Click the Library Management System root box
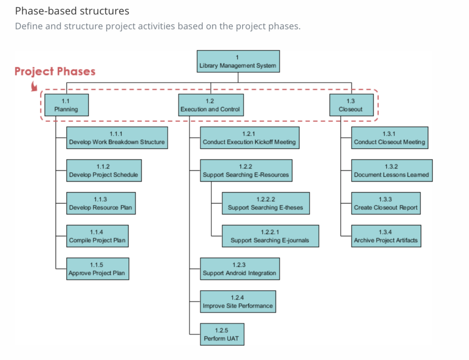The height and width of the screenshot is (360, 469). (238, 61)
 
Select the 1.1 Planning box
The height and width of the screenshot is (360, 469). (66, 105)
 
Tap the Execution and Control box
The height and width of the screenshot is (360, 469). (210, 105)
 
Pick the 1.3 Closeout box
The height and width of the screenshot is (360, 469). (351, 105)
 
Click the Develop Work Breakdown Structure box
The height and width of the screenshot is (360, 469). (117, 138)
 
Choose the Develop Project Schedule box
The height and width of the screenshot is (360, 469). (104, 171)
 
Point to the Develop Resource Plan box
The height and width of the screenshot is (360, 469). (101, 203)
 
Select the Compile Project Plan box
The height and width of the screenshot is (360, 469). (97, 236)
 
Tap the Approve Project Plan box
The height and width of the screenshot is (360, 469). (97, 269)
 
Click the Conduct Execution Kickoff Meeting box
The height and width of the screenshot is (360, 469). (249, 138)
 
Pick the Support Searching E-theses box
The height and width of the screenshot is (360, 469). (265, 203)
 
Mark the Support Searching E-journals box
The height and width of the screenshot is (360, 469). (270, 236)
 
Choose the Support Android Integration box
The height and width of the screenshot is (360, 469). (239, 269)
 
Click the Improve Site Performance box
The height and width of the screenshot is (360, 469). (238, 301)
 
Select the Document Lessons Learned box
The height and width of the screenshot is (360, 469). (391, 171)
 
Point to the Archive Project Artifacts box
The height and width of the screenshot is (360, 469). (386, 236)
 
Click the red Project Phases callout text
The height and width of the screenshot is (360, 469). (55, 72)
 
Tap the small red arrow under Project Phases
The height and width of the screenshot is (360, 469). (34, 86)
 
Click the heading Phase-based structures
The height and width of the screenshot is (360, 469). (72, 10)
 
